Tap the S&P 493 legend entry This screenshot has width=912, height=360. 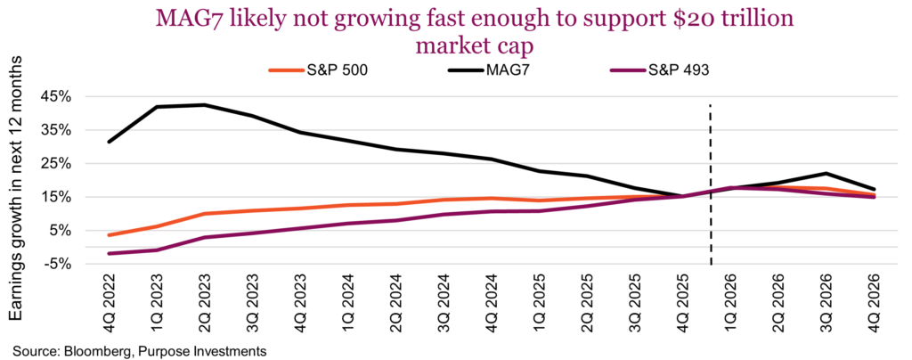(x=674, y=70)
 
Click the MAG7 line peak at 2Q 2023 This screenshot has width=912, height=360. (x=205, y=105)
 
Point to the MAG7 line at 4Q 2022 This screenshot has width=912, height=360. (x=109, y=142)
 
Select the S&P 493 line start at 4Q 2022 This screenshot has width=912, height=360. (x=109, y=254)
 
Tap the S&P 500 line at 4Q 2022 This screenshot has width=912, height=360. (x=109, y=235)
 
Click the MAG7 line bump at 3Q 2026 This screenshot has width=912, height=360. (x=827, y=174)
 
